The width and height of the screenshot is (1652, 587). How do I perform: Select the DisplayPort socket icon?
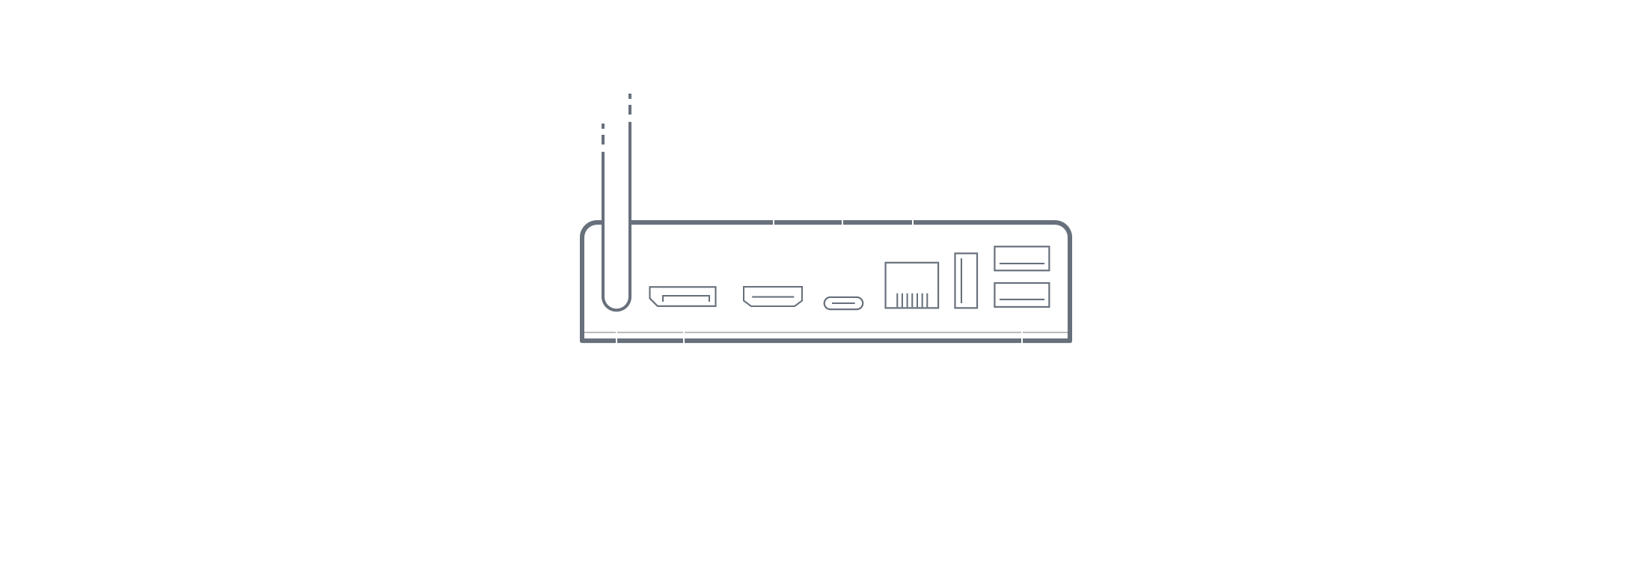coord(682,296)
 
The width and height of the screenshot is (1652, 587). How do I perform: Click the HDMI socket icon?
coord(773,297)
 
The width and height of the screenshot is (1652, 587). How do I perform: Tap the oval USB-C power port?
coord(843,303)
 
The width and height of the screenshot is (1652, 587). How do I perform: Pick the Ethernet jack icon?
coord(912,285)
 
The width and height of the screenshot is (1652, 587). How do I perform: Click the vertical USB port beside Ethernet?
coord(966,281)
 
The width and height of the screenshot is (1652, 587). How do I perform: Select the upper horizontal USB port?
coord(1021,258)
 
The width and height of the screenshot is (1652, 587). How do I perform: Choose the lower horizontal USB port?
coord(1021,294)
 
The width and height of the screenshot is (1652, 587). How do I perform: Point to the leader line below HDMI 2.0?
coord(773,225)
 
